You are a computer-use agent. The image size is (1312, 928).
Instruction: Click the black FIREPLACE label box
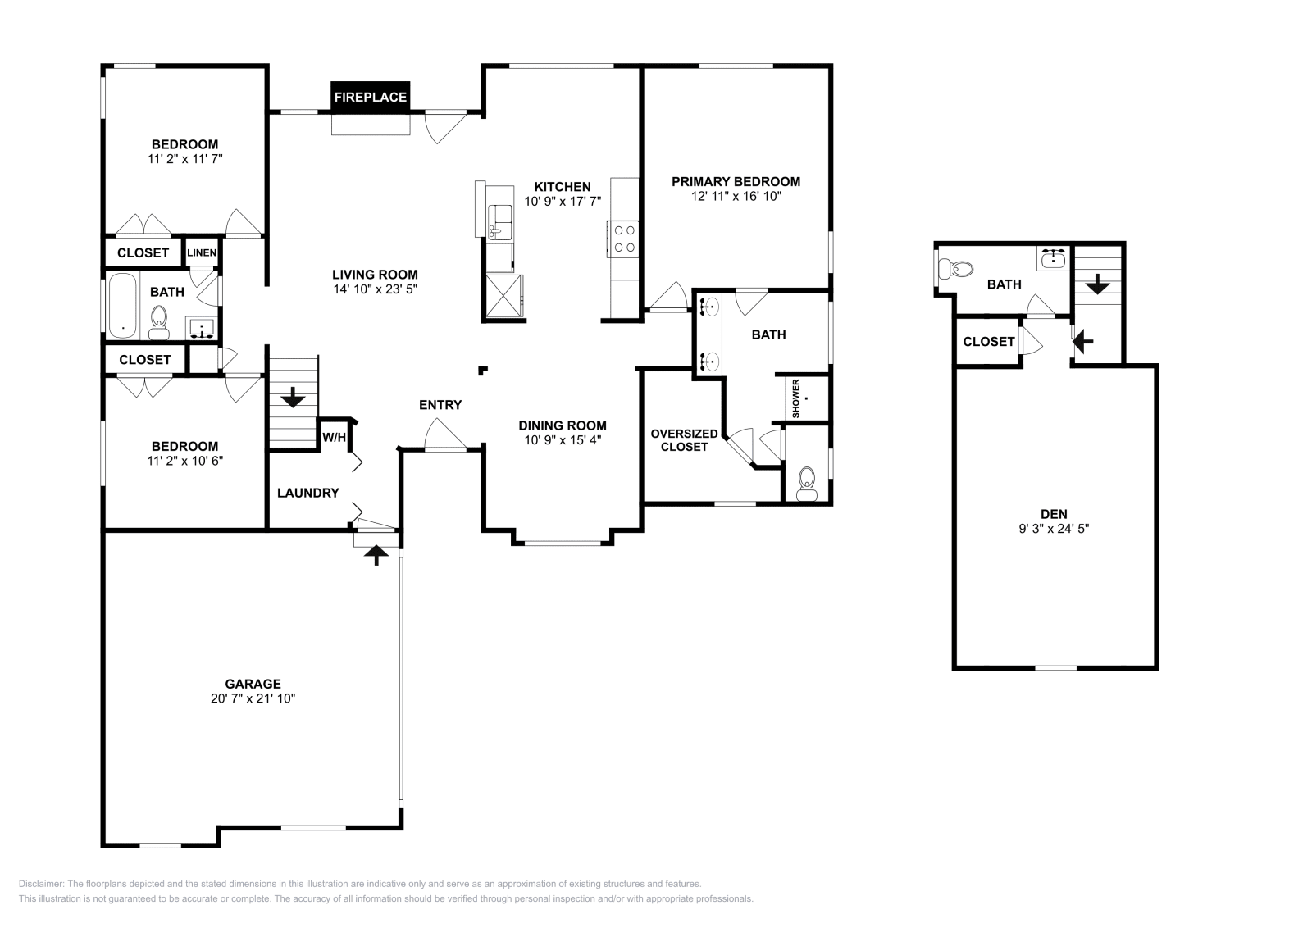[370, 97]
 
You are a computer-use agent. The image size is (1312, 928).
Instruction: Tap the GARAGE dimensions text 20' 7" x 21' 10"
[252, 698]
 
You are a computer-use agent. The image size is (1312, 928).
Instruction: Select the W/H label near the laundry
[334, 438]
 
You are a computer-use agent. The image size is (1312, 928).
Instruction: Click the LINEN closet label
[202, 252]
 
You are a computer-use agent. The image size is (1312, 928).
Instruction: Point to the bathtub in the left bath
[123, 305]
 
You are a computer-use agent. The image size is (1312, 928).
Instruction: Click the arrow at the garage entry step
[376, 556]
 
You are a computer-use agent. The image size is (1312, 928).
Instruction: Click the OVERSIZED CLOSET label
[684, 440]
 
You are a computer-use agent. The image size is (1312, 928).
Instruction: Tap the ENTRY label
[440, 404]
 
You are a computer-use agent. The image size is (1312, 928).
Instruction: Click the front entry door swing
[443, 434]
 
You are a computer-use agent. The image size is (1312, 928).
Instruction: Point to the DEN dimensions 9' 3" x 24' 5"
[1054, 529]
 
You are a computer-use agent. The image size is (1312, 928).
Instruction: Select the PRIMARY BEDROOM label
[736, 181]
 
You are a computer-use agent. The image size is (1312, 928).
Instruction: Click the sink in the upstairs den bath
[1054, 260]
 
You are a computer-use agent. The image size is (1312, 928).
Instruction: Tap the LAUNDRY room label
[307, 493]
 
